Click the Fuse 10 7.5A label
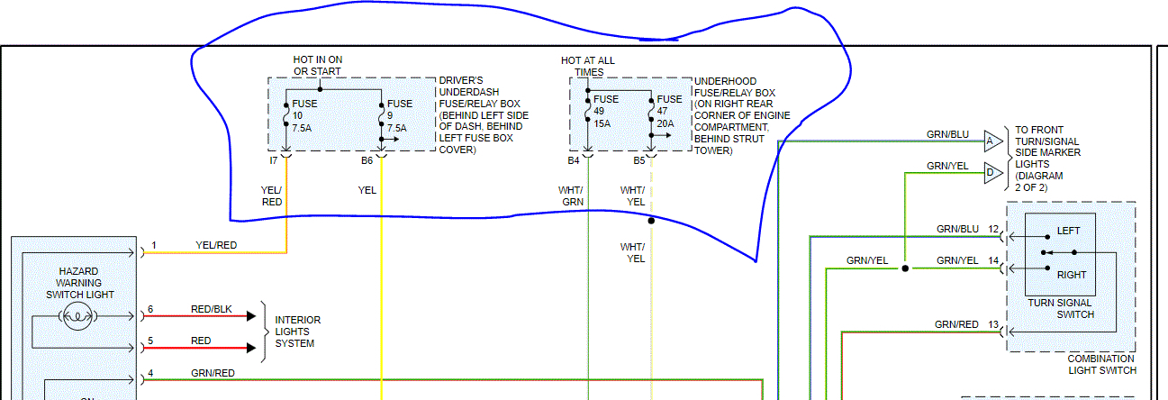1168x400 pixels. (x=303, y=115)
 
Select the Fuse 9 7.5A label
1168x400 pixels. (x=399, y=115)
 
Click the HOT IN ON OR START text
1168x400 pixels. (x=317, y=66)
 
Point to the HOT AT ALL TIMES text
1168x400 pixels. (x=588, y=66)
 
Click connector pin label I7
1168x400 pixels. (x=273, y=160)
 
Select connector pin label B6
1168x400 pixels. (x=367, y=160)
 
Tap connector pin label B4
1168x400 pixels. (x=574, y=160)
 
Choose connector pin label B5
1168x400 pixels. (x=638, y=160)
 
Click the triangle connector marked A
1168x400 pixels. (x=991, y=141)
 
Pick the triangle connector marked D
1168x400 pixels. (x=991, y=172)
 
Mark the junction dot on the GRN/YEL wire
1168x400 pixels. (x=905, y=268)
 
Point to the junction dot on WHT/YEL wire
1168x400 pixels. (x=650, y=220)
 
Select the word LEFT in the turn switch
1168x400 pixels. (x=1068, y=231)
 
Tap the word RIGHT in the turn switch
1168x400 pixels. (x=1071, y=275)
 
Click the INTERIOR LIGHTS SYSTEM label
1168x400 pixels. (x=297, y=332)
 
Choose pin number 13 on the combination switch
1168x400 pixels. (x=993, y=324)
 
